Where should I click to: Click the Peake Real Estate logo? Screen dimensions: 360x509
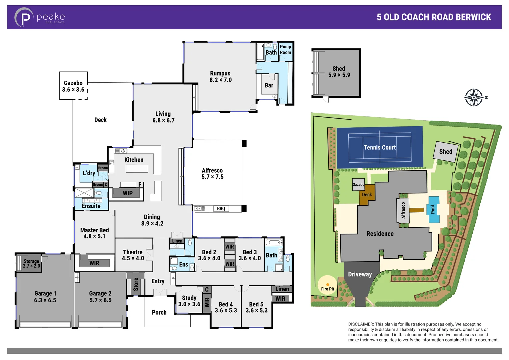[39, 17]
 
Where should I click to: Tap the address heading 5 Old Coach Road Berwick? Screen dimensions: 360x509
[434, 17]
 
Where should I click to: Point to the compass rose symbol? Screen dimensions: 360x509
[474, 97]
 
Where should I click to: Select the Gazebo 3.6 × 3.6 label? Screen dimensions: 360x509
[73, 86]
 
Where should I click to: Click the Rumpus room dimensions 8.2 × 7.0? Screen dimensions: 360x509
[220, 80]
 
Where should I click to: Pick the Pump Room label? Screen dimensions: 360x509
[285, 49]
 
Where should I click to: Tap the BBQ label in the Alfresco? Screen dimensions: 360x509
[221, 209]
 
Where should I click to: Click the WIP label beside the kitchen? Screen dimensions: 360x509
[127, 193]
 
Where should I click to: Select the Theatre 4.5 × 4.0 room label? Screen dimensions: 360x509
[133, 255]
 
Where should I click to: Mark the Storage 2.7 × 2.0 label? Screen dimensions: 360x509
[31, 263]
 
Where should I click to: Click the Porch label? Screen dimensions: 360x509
[159, 312]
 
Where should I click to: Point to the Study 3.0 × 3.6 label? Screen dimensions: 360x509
[189, 301]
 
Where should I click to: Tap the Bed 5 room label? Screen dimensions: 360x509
[256, 307]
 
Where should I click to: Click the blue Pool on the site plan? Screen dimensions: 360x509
[433, 210]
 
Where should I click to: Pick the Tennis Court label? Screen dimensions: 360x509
[380, 147]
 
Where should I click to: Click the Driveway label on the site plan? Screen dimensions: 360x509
[360, 274]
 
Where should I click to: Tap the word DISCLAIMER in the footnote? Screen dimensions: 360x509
[361, 324]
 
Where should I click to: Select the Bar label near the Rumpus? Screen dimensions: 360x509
[269, 85]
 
